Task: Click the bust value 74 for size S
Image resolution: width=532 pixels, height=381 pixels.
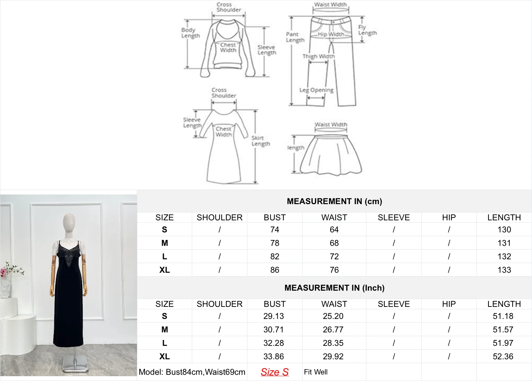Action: point(275,230)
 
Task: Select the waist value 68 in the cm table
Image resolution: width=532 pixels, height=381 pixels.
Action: point(334,243)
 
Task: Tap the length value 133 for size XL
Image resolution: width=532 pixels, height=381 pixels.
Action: point(504,270)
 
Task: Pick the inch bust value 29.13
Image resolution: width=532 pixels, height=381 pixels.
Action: point(274,316)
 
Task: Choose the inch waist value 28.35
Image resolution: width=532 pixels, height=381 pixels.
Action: point(333,343)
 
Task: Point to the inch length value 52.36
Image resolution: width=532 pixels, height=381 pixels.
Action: point(503,357)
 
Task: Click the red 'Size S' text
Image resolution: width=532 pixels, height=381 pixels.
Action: point(275,372)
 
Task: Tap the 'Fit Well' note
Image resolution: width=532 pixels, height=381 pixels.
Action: point(316,372)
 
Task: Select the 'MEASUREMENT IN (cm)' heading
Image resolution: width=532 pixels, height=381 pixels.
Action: point(334,201)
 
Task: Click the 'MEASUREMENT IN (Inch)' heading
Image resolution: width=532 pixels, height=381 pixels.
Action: point(334,288)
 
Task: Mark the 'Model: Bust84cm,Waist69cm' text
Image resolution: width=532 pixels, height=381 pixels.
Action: point(192,372)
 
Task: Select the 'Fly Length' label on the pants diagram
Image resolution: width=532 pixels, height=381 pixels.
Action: point(367,30)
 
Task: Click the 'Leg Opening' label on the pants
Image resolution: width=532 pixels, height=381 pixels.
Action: point(316,90)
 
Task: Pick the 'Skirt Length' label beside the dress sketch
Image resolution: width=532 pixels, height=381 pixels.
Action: point(260,141)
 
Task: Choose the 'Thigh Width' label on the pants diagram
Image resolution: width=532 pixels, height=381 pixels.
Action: point(318,56)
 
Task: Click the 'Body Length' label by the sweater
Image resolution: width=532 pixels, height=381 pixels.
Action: point(190,33)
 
